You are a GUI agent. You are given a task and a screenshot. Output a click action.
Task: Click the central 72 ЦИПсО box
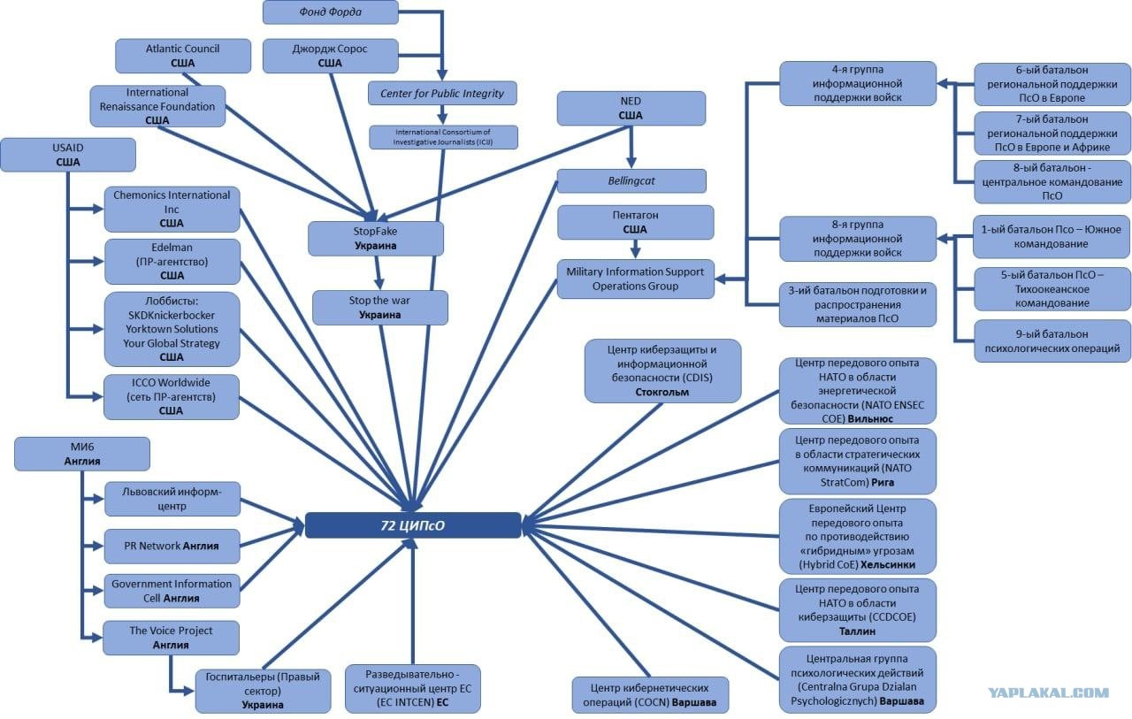[413, 525]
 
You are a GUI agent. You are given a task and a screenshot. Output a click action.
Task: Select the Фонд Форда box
[330, 12]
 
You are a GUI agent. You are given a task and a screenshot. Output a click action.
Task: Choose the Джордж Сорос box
[330, 56]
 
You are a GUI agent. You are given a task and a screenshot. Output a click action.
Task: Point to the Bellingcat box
[631, 180]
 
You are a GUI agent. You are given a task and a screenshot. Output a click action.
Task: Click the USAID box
[68, 155]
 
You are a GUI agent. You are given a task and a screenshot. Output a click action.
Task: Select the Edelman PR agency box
[172, 261]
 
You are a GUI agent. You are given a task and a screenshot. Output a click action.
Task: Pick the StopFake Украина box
[376, 238]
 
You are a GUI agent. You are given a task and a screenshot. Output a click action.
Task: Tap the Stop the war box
[380, 307]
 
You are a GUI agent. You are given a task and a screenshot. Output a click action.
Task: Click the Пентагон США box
[635, 222]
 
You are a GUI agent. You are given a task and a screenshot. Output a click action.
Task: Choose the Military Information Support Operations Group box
[635, 279]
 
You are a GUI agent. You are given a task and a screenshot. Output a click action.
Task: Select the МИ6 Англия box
[82, 454]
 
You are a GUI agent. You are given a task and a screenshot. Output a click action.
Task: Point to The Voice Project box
[172, 638]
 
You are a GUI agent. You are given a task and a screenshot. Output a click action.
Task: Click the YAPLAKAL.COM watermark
[1047, 693]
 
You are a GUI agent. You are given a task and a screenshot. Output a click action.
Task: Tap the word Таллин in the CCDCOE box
[857, 631]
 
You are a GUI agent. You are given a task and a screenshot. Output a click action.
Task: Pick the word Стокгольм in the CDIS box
[662, 392]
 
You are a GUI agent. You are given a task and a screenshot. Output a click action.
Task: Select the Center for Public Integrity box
[442, 93]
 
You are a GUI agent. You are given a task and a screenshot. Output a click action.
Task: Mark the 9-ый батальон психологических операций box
[1052, 341]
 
